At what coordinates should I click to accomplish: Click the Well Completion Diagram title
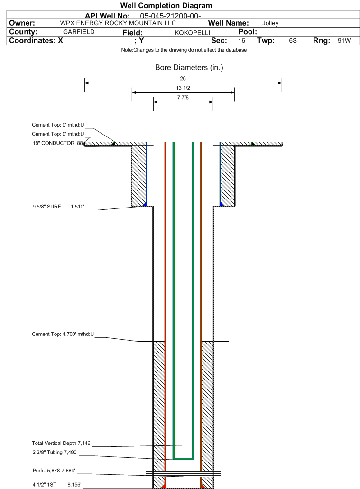pyautogui.click(x=166, y=6)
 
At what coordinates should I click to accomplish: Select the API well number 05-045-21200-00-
pyautogui.click(x=170, y=16)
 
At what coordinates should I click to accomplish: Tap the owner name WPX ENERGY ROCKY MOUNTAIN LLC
pyautogui.click(x=118, y=23)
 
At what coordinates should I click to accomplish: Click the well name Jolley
pyautogui.click(x=270, y=23)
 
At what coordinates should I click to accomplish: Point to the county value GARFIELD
pyautogui.click(x=79, y=32)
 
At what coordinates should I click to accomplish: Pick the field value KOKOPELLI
pyautogui.click(x=193, y=33)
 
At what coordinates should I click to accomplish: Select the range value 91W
pyautogui.click(x=344, y=41)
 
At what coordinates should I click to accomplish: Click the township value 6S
pyautogui.click(x=293, y=41)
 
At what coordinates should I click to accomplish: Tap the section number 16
pyautogui.click(x=242, y=41)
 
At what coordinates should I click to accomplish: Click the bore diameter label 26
pyautogui.click(x=183, y=78)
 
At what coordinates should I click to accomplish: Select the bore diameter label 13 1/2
pyautogui.click(x=183, y=88)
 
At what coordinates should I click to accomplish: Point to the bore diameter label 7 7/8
pyautogui.click(x=183, y=97)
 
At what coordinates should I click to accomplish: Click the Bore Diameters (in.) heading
pyautogui.click(x=189, y=68)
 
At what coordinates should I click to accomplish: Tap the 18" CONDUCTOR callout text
pyautogui.click(x=58, y=143)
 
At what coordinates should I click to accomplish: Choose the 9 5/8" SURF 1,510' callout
pyautogui.click(x=58, y=207)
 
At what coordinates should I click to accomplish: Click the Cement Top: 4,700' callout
pyautogui.click(x=63, y=334)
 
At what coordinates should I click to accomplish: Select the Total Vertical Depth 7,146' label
pyautogui.click(x=62, y=443)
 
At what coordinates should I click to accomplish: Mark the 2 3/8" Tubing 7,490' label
pyautogui.click(x=55, y=452)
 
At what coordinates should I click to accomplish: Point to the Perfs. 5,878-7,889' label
pyautogui.click(x=54, y=471)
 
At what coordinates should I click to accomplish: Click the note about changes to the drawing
pyautogui.click(x=184, y=50)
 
